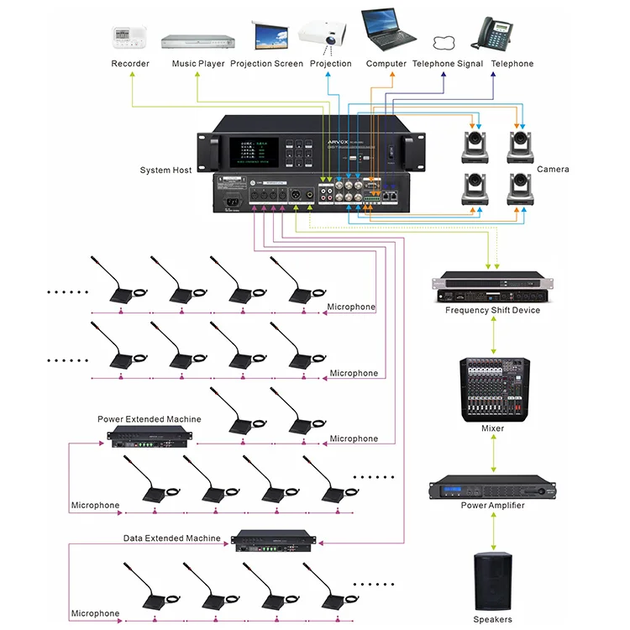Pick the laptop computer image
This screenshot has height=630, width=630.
tap(388, 31)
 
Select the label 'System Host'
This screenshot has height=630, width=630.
tap(165, 170)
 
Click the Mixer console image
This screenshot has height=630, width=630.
tap(492, 389)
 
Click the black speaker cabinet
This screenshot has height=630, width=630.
tap(492, 580)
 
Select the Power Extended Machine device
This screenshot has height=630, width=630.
tap(150, 436)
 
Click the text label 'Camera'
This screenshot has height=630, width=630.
tap(553, 170)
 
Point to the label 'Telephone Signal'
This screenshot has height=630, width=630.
tap(447, 64)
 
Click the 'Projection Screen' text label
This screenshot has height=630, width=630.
tap(266, 64)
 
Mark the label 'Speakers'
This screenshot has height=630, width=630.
tap(492, 619)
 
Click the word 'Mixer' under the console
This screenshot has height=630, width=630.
tap(492, 428)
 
